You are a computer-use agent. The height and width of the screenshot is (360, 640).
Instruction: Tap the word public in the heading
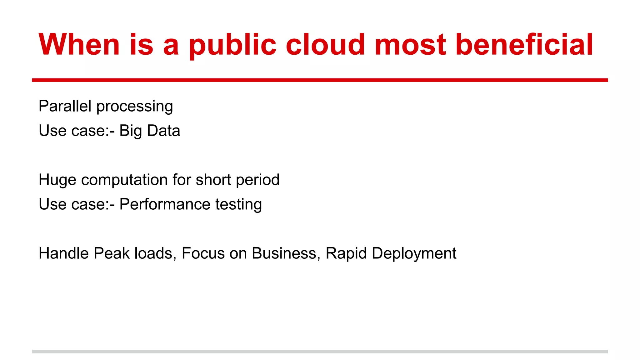pos(233,46)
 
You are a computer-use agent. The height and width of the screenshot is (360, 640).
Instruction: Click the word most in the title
pos(410,46)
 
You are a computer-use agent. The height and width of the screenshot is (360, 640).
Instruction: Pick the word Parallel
pos(65,106)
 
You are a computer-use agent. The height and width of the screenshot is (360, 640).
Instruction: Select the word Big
pos(131,131)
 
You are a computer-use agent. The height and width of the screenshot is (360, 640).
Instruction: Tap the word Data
pos(163,130)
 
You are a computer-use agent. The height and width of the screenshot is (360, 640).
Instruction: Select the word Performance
pos(165,204)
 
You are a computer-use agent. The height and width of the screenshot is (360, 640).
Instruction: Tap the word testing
pos(238,205)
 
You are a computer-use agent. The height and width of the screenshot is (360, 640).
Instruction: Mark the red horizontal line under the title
pos(320,80)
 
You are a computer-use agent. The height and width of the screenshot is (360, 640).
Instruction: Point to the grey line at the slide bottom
pos(320,352)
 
